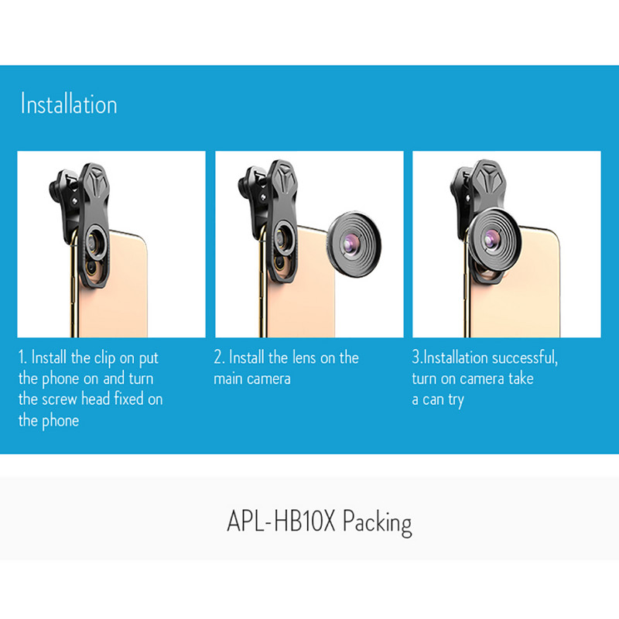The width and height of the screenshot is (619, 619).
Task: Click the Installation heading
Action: coord(69,104)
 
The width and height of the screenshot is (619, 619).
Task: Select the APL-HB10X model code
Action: coord(281,521)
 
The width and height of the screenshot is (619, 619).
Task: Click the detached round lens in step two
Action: coord(354,244)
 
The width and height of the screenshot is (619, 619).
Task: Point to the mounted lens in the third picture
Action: coord(494,240)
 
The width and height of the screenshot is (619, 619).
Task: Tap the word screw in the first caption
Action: coord(60,399)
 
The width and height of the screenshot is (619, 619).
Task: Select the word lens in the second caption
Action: coord(304,357)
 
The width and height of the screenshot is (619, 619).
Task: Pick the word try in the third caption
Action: coord(456,401)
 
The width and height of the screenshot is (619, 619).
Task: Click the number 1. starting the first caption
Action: coord(22,357)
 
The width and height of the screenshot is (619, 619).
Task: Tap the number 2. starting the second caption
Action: coord(219,357)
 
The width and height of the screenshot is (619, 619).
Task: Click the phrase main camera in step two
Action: coord(252,379)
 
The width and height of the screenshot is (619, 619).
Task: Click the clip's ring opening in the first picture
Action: coord(94,242)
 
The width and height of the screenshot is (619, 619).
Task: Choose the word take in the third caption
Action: coord(521,378)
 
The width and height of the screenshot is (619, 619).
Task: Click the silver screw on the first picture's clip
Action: coord(74,202)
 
